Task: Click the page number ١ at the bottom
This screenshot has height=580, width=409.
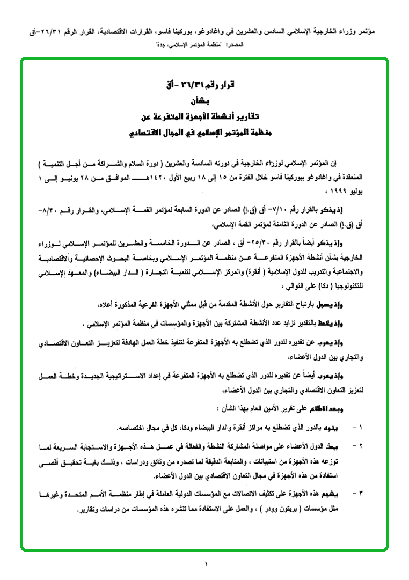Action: click(205, 563)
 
